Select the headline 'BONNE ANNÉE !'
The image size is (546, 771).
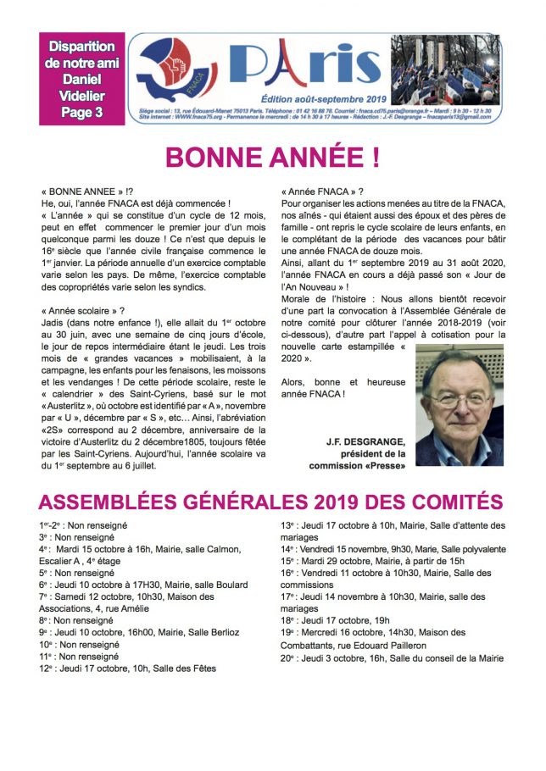click(272, 158)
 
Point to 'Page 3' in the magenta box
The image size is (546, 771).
click(81, 109)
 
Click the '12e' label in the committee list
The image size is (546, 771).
click(46, 668)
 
